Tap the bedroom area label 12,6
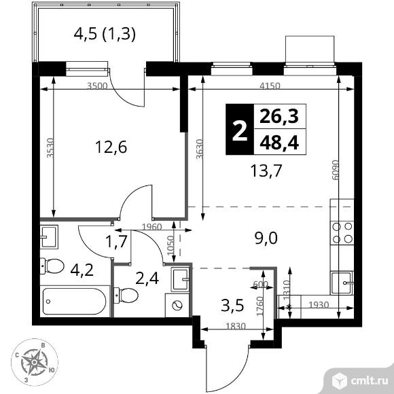(x=110, y=147)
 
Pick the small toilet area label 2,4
(x=149, y=279)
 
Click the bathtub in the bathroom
(x=74, y=300)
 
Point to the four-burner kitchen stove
(x=342, y=233)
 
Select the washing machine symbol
(x=178, y=305)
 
